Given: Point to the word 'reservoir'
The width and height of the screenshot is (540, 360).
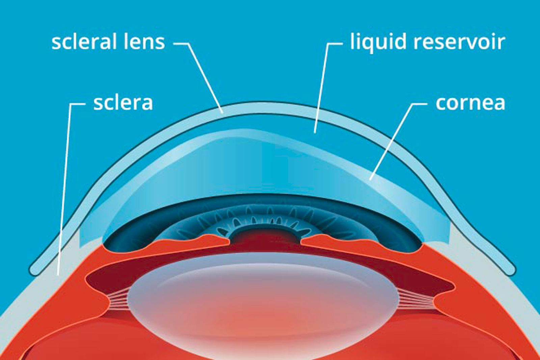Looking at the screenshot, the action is point(459,42).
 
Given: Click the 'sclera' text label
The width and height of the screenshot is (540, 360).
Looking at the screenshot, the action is point(123,103).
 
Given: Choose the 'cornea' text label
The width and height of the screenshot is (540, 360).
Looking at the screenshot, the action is point(470,103).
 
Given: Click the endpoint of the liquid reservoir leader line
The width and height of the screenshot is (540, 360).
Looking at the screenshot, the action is point(315,132).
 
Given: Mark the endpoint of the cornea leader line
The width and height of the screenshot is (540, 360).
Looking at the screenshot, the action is point(371,179).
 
